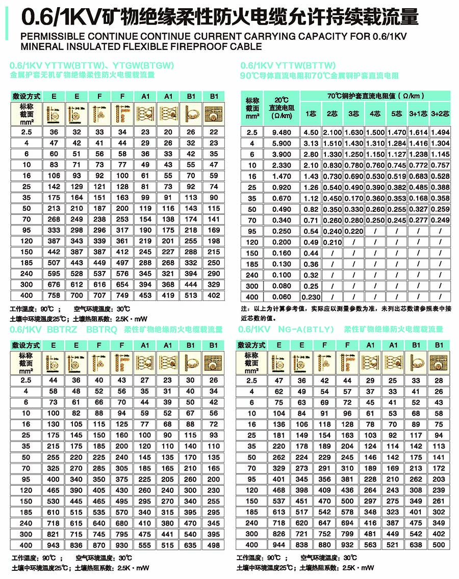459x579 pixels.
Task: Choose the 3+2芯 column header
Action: [440, 114]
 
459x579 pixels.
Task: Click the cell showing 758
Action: [54, 295]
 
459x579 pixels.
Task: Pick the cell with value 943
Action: [54, 545]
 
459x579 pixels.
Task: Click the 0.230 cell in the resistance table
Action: [311, 297]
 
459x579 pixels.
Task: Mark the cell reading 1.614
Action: [419, 132]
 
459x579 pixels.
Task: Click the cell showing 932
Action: [347, 545]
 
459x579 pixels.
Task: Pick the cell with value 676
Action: [54, 285]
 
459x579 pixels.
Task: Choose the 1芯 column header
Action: [311, 114]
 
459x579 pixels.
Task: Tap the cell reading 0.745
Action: [397, 165]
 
